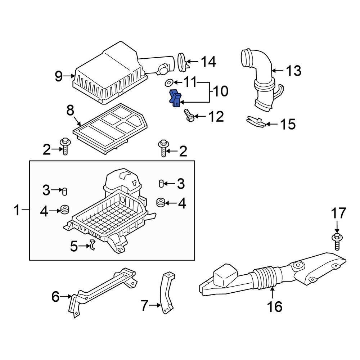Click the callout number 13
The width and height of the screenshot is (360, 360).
click(x=293, y=71)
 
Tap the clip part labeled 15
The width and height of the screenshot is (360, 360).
click(x=256, y=122)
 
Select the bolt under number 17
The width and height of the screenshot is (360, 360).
click(x=337, y=242)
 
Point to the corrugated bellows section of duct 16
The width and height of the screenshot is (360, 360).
click(x=265, y=278)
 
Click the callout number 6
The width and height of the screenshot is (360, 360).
click(x=55, y=297)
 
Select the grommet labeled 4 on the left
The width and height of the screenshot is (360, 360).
click(x=65, y=209)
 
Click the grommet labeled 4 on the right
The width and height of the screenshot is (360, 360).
click(x=161, y=202)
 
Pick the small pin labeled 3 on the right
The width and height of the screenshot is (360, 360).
click(x=161, y=184)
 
